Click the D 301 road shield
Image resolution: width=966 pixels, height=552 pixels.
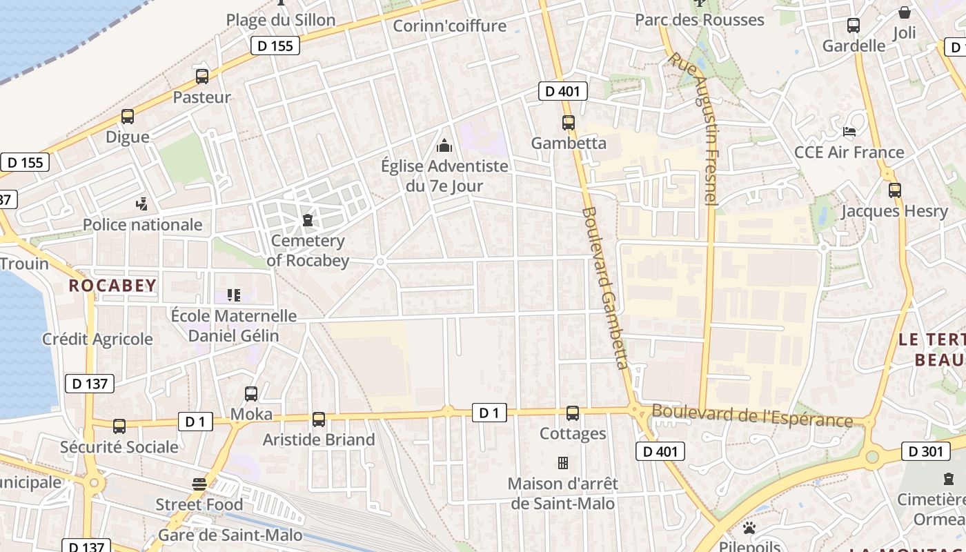click(925, 451)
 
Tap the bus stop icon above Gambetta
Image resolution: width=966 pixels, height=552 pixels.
click(568, 123)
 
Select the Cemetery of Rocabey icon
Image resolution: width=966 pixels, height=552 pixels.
click(308, 220)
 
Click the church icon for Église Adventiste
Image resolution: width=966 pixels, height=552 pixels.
click(444, 146)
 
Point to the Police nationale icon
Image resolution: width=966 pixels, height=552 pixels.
click(142, 204)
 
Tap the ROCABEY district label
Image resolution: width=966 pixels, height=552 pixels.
click(112, 285)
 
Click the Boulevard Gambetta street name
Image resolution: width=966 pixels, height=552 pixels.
click(605, 288)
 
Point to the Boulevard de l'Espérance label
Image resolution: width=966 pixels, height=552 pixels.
click(752, 415)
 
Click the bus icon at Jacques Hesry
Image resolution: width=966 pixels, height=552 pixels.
click(894, 190)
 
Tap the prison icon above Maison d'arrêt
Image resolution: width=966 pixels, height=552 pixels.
click(563, 462)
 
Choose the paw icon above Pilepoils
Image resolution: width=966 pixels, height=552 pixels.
click(749, 528)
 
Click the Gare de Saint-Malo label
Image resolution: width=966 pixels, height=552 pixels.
click(230, 535)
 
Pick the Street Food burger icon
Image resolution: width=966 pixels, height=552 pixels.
click(199, 484)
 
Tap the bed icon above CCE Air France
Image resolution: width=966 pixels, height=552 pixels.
click(849, 131)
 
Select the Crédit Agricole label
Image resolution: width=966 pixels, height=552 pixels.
click(97, 339)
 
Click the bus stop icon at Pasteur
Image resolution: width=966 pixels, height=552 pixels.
click(201, 77)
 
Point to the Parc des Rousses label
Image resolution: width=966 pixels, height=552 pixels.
click(699, 20)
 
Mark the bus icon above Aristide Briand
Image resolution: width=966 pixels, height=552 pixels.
click(318, 419)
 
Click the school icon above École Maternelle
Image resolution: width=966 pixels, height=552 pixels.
click(234, 295)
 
